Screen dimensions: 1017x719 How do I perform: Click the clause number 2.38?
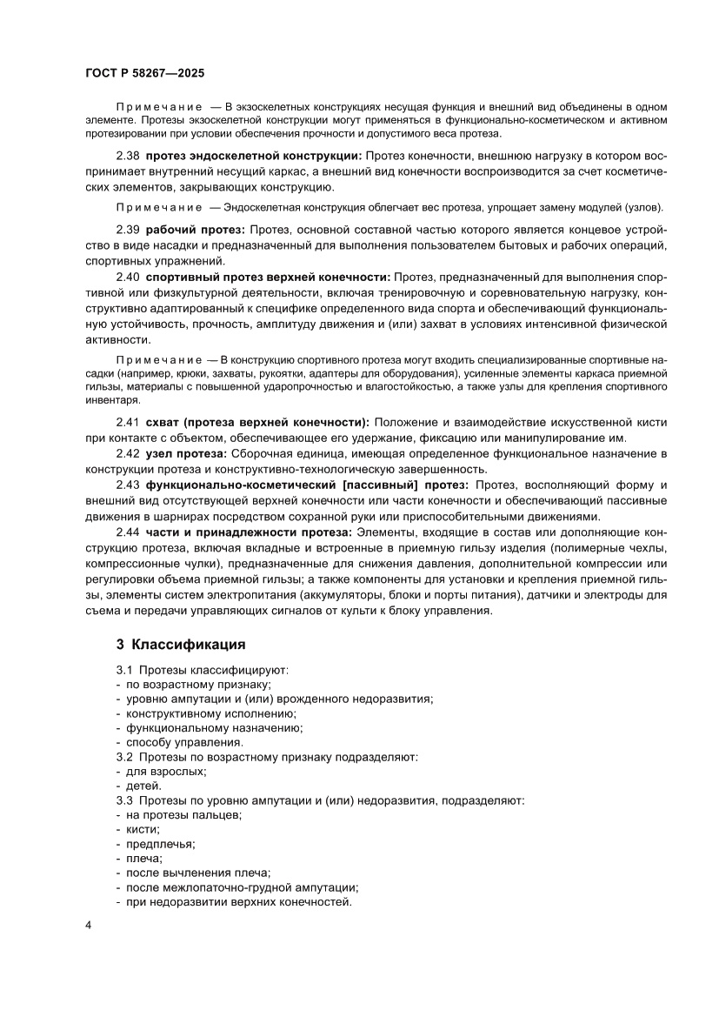tap(128, 156)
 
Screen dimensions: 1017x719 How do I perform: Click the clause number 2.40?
tap(128, 277)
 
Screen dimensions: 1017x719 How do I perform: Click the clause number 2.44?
tap(128, 532)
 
